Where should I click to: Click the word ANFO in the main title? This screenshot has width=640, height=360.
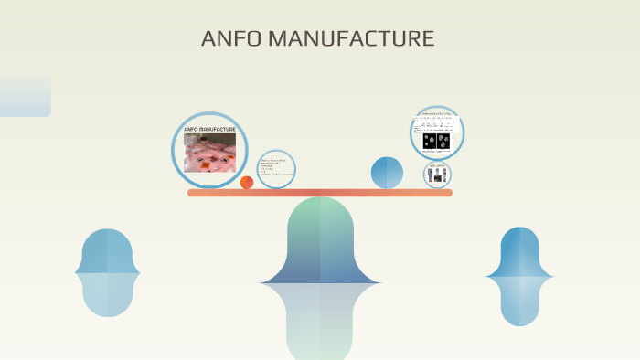pyautogui.click(x=229, y=39)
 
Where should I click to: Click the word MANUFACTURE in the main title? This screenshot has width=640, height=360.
pyautogui.click(x=348, y=39)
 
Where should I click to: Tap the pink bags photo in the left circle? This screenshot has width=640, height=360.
pyautogui.click(x=209, y=154)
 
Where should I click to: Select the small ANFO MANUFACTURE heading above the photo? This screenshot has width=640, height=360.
pyautogui.click(x=209, y=130)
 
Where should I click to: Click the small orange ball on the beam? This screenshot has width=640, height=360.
pyautogui.click(x=247, y=182)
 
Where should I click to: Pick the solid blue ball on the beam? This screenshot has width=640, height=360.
pyautogui.click(x=387, y=173)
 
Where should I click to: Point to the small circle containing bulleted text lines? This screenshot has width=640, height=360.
pyautogui.click(x=276, y=169)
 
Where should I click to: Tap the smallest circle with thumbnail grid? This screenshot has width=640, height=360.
pyautogui.click(x=437, y=175)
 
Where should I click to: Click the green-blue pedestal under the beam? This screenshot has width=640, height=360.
pyautogui.click(x=320, y=242)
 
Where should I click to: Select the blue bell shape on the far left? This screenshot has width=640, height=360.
pyautogui.click(x=108, y=251)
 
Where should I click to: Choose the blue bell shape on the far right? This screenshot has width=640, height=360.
pyautogui.click(x=519, y=252)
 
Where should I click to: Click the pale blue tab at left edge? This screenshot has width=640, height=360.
pyautogui.click(x=25, y=97)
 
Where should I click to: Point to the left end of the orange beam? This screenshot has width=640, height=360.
pyautogui.click(x=193, y=193)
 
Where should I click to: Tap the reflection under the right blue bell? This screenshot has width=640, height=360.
pyautogui.click(x=519, y=302)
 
